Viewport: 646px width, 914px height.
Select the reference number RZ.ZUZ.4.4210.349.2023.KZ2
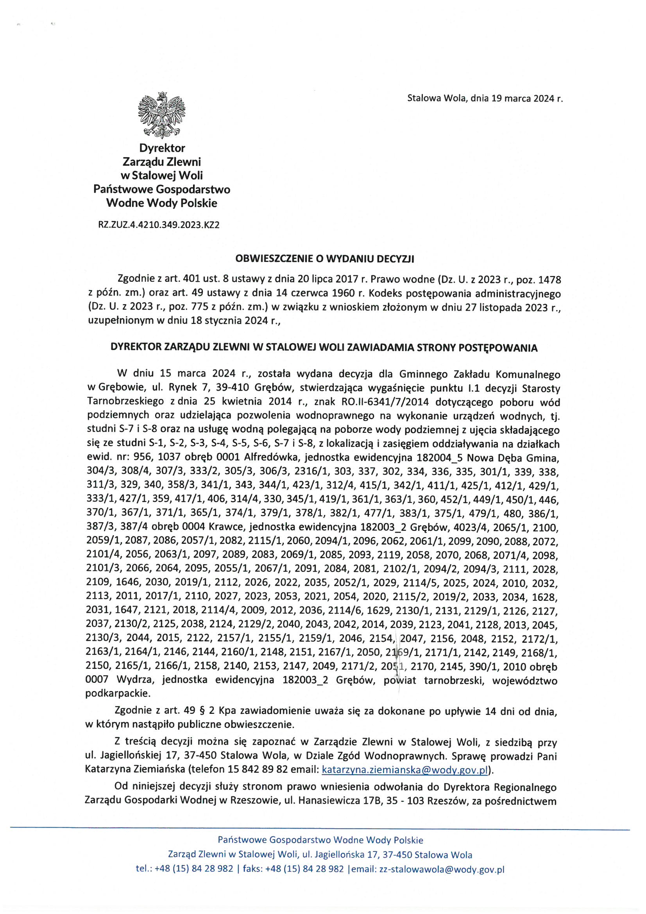pos(159,225)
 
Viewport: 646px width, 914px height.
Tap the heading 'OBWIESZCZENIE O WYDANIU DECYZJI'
pos(325,260)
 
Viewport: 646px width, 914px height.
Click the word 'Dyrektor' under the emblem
pos(162,148)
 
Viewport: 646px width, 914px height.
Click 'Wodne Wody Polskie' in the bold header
pos(162,203)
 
